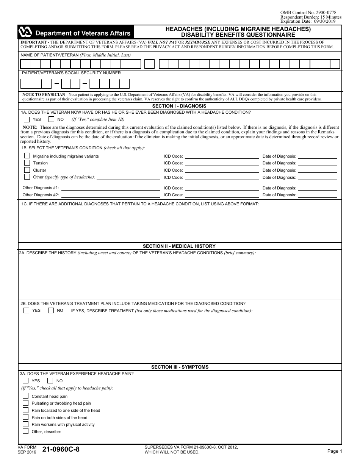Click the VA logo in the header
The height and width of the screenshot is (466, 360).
point(25,33)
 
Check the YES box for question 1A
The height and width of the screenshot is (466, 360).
point(27,119)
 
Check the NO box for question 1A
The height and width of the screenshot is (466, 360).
point(52,119)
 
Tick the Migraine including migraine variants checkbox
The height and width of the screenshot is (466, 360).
point(27,156)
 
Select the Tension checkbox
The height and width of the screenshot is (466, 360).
point(27,163)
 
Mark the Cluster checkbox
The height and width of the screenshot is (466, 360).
point(27,170)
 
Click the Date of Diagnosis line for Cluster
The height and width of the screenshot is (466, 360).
point(317,172)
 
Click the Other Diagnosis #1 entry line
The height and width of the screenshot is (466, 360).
point(111,189)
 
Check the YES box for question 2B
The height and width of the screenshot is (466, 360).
point(26,311)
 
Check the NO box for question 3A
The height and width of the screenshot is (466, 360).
point(50,381)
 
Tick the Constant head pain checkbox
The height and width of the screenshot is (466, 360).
point(25,396)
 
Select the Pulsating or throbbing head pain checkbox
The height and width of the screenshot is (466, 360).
point(25,403)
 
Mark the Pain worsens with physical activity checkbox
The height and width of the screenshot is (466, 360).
point(25,424)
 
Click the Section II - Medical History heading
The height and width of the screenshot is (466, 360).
point(179,246)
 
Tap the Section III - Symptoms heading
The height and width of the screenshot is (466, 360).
point(180,367)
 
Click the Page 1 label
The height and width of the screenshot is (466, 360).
point(335,451)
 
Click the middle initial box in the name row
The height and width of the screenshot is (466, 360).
point(150,64)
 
